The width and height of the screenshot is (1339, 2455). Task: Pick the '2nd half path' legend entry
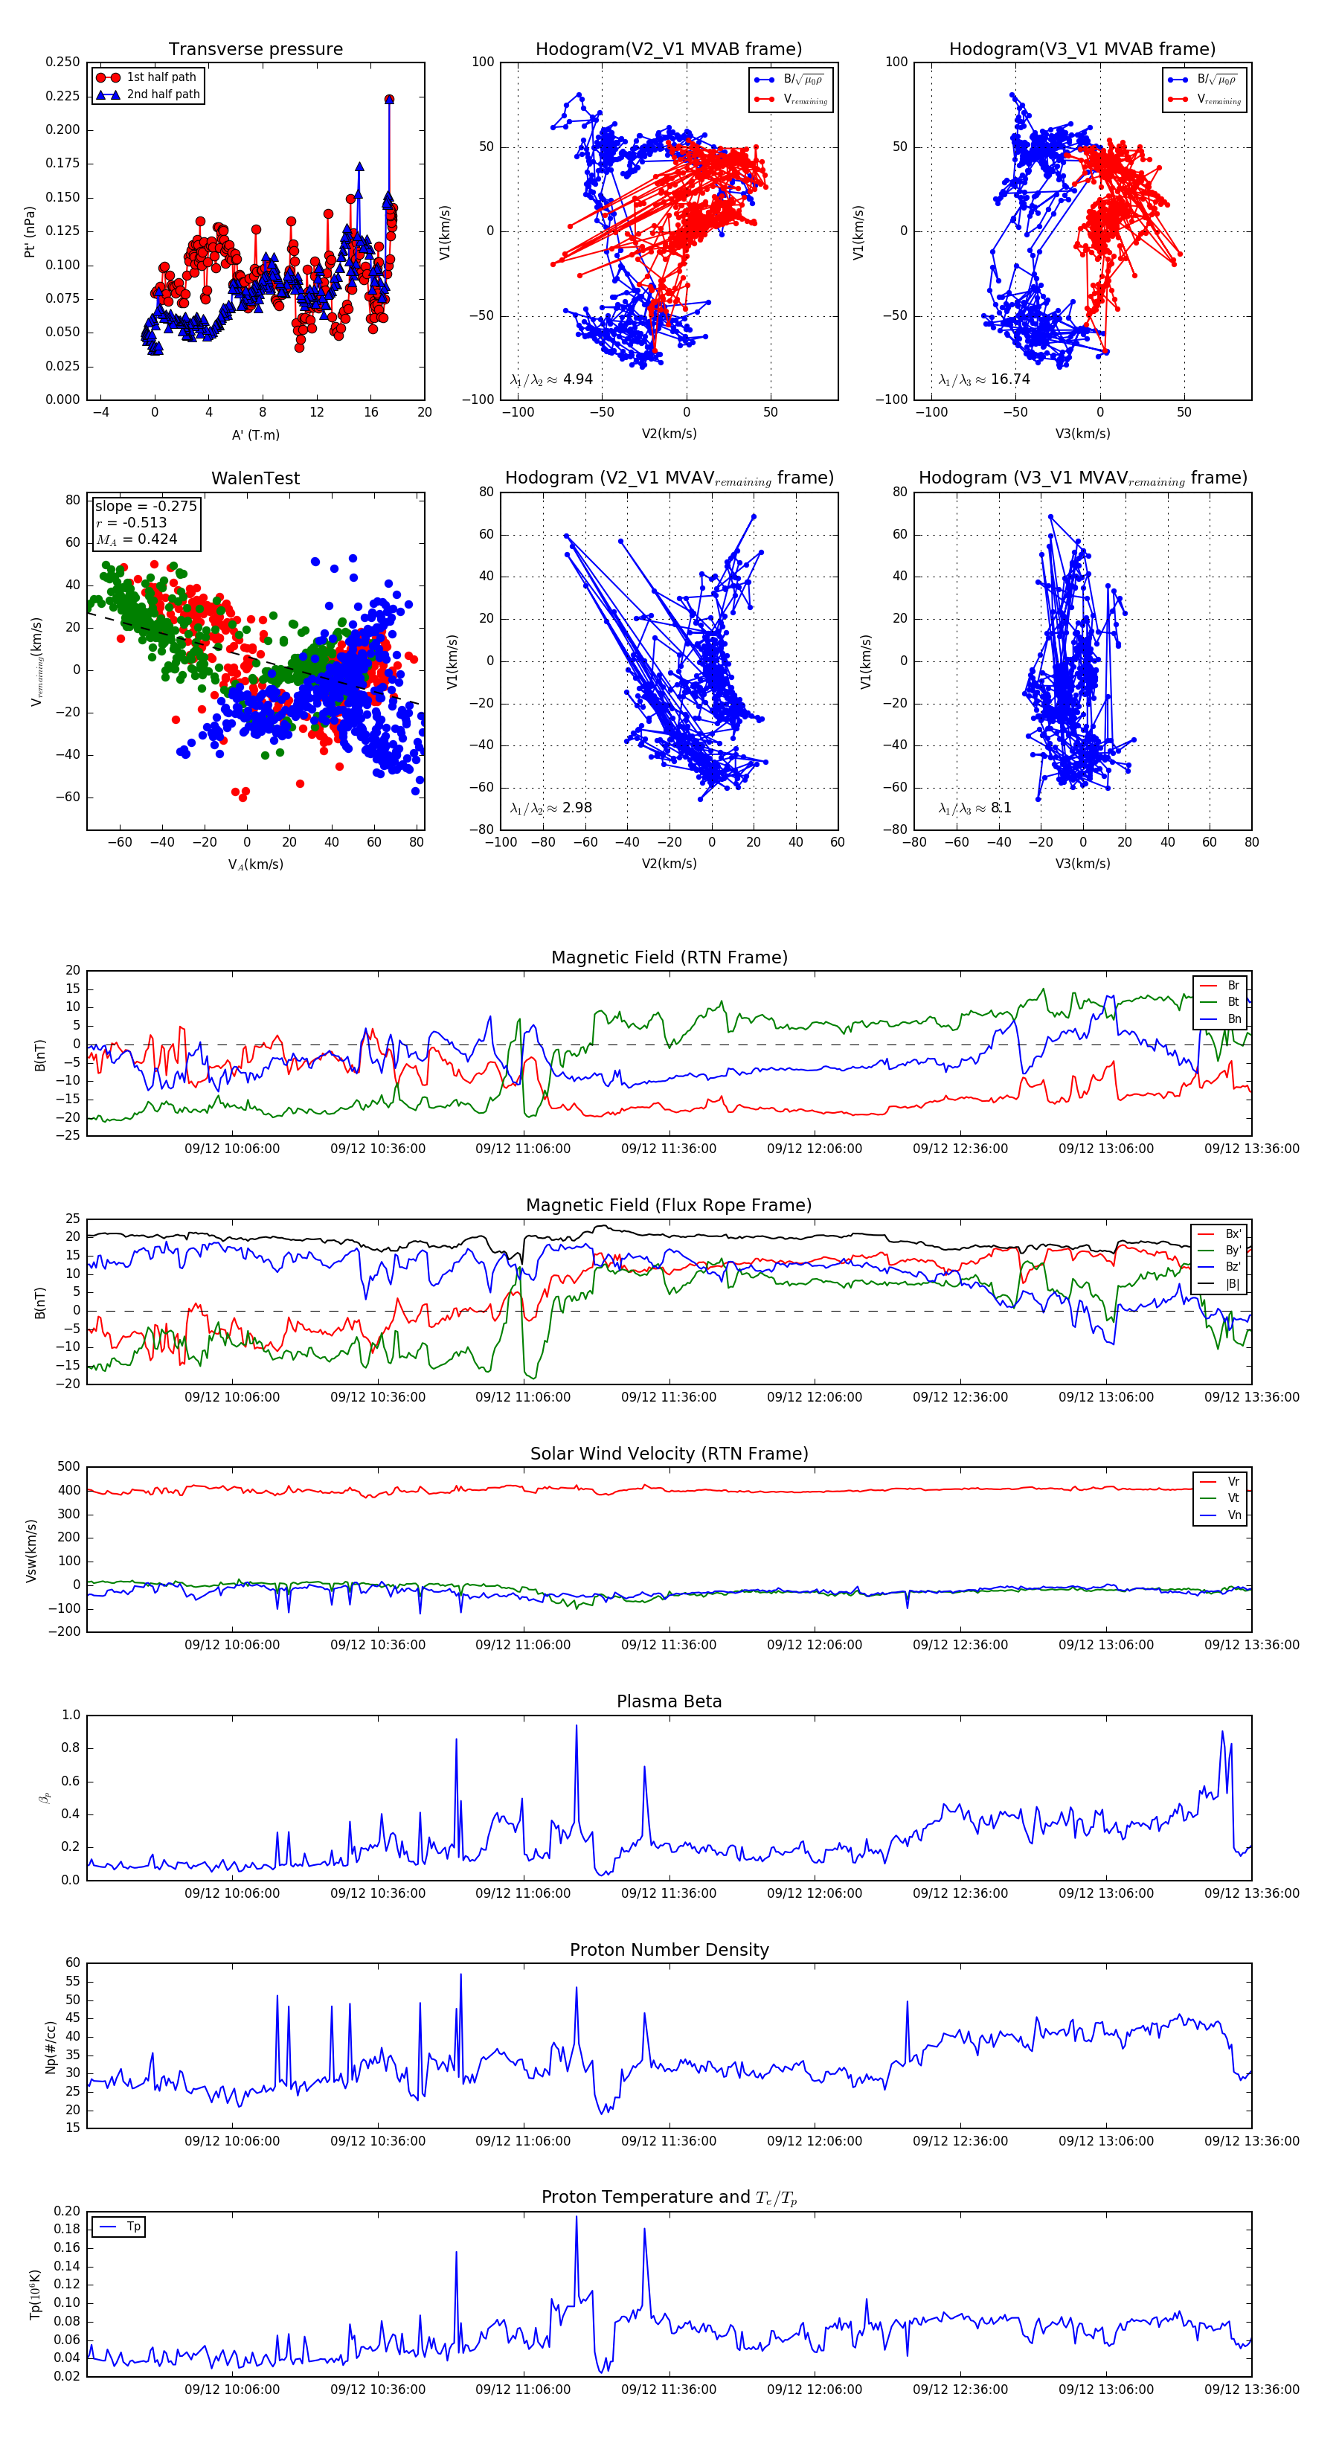[x=163, y=94]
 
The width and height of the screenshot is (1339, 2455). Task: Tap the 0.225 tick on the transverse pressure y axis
[x=63, y=96]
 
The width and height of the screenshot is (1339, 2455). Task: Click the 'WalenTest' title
[x=255, y=478]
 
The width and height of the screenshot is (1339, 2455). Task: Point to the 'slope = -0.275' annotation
[x=145, y=506]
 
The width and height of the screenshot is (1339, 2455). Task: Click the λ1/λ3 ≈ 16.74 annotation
[x=983, y=379]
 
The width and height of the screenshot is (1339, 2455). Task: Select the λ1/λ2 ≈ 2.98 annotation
[x=550, y=808]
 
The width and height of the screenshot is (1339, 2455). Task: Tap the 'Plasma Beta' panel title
[x=669, y=1701]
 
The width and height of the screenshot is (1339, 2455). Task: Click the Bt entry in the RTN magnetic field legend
[x=1233, y=1001]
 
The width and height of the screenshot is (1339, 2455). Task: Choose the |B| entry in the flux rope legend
[x=1233, y=1284]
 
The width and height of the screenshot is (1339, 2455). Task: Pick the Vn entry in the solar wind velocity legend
[x=1234, y=1515]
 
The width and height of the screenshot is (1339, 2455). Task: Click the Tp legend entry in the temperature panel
[x=133, y=2227]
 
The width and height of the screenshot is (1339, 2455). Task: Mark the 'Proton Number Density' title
[x=669, y=1950]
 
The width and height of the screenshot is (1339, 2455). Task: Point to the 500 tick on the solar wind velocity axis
[x=68, y=1467]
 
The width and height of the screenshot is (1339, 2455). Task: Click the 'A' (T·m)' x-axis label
[x=255, y=435]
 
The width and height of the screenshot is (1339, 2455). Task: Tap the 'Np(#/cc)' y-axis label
[x=51, y=2047]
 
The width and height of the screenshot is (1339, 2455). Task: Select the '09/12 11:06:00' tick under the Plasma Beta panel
[x=523, y=1893]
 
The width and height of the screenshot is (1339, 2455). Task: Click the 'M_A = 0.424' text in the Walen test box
[x=136, y=539]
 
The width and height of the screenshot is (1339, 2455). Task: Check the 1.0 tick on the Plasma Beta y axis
[x=71, y=1716]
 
